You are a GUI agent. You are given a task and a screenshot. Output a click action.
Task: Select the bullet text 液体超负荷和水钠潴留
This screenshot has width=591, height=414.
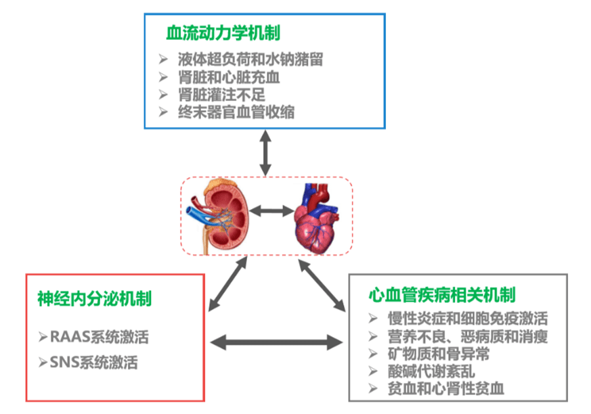click(x=250, y=60)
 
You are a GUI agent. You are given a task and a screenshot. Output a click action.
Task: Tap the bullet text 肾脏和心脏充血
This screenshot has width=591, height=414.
click(x=229, y=77)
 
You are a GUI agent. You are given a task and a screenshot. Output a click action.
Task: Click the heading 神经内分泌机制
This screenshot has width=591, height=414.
click(x=93, y=298)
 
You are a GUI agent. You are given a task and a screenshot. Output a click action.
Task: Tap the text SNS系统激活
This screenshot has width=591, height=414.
click(x=93, y=363)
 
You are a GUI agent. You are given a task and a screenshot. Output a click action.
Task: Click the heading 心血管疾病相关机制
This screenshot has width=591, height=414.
click(x=441, y=295)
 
